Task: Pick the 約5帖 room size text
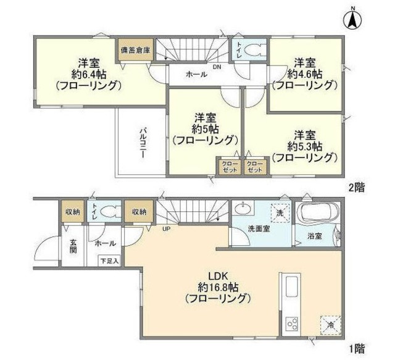204,128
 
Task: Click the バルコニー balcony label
142,143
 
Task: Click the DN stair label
217,67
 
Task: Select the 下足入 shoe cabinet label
109,261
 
